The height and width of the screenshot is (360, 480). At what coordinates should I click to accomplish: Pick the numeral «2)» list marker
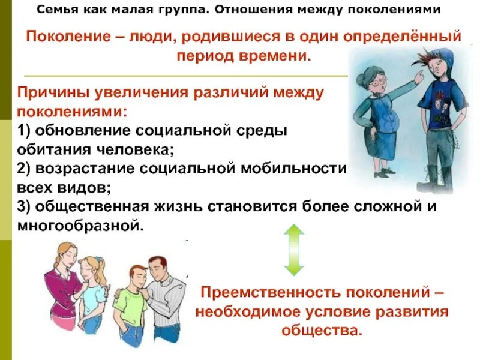coord(26,169)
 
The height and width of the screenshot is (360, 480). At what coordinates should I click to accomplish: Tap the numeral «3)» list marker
coord(26,207)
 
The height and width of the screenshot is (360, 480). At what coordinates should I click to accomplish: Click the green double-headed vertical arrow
coord(293,250)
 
